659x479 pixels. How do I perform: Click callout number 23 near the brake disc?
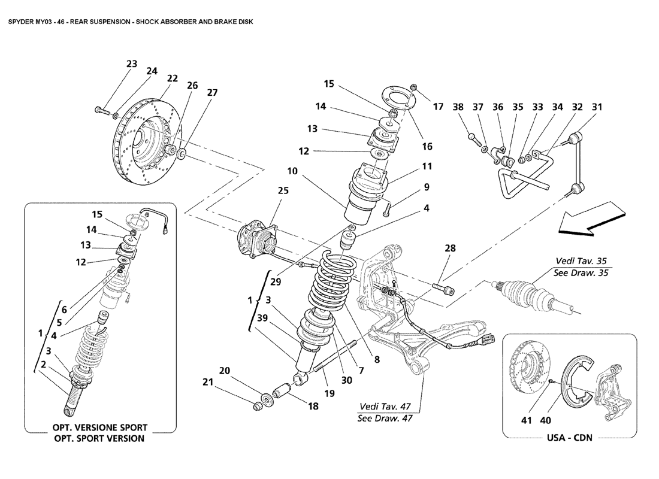(132, 64)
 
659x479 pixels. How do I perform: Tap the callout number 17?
(438, 107)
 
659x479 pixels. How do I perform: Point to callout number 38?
(458, 107)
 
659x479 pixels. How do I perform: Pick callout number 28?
(451, 247)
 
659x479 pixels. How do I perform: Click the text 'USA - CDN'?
(569, 438)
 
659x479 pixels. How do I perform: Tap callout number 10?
(292, 171)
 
